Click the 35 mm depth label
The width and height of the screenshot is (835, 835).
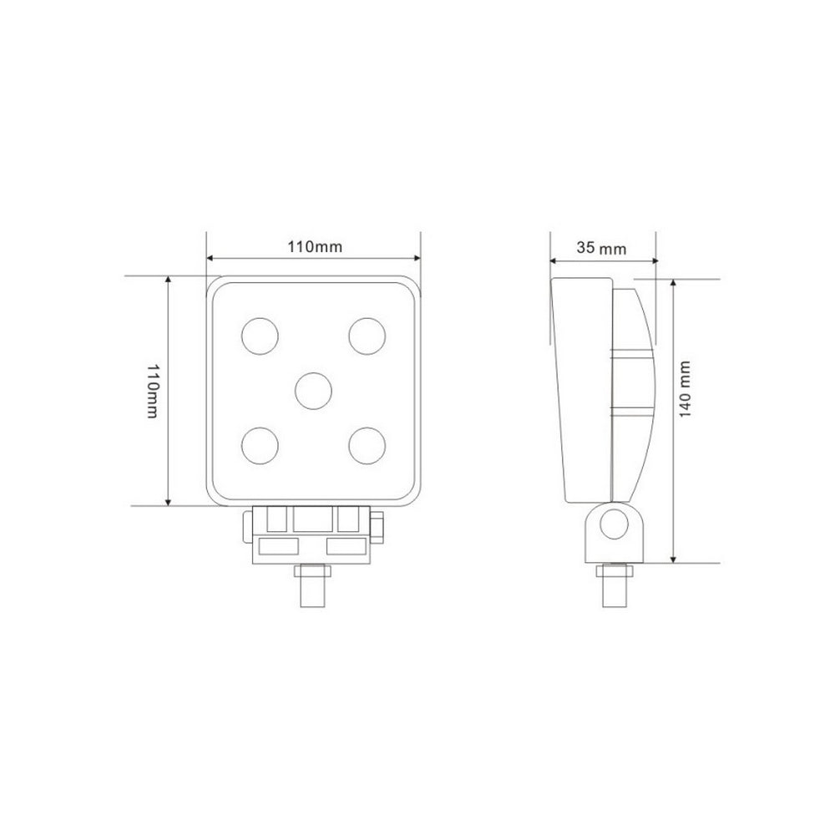(x=601, y=247)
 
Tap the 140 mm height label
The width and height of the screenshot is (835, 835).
(x=685, y=390)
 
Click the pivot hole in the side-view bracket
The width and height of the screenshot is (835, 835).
(x=616, y=525)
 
